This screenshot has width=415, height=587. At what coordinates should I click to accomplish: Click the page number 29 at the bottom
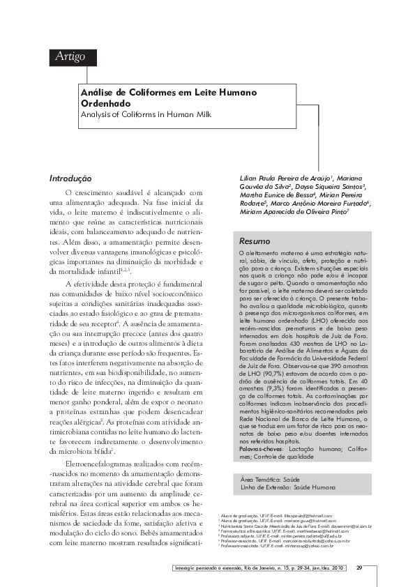[x=359, y=567]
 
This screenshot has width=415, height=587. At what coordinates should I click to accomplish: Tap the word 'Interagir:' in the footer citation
[x=184, y=567]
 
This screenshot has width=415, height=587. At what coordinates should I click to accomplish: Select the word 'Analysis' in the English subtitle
[x=97, y=114]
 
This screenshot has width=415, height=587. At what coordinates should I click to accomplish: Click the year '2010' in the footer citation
[x=338, y=567]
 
